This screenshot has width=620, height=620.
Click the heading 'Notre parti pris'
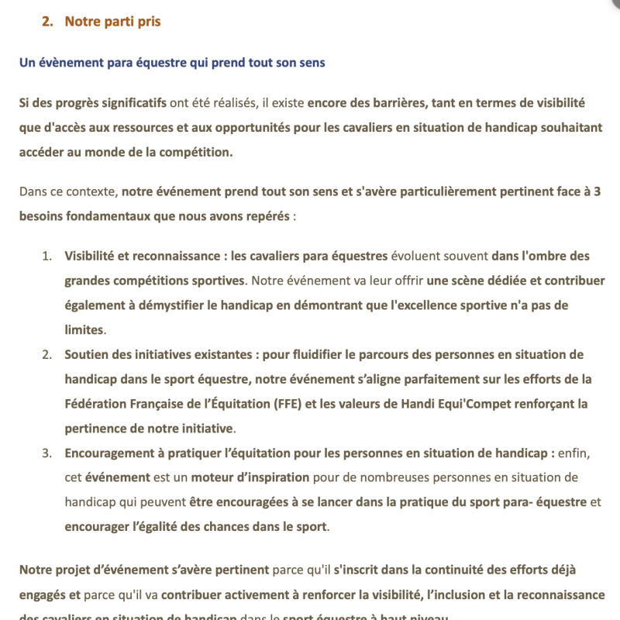(x=112, y=22)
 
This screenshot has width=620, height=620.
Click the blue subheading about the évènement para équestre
(x=172, y=63)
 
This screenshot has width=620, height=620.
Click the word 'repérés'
(x=267, y=215)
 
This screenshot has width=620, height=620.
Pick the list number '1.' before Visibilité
(x=46, y=256)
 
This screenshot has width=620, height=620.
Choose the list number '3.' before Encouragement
(x=46, y=453)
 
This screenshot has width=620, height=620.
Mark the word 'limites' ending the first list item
(x=84, y=330)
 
